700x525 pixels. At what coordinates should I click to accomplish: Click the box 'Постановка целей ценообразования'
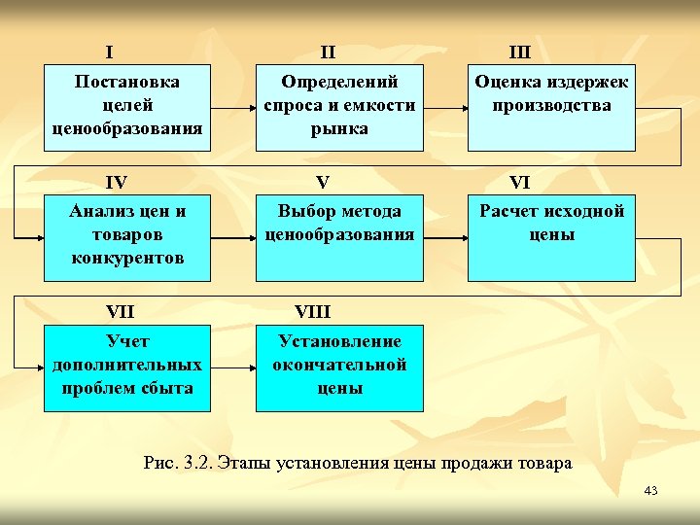coord(126,107)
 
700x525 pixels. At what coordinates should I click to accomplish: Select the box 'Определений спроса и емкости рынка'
coord(339,107)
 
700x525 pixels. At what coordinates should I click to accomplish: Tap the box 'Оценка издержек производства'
coord(551,107)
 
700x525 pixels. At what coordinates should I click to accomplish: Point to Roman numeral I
coord(110,52)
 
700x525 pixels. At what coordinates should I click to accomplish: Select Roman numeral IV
coord(117,182)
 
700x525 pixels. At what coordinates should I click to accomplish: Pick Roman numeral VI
coord(520,182)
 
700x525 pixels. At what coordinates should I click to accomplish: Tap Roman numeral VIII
coord(312,312)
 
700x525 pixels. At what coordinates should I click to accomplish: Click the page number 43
coord(650,491)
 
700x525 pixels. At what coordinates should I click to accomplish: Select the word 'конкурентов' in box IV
coord(127,259)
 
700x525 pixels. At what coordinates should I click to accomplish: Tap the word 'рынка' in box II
coord(339,128)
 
